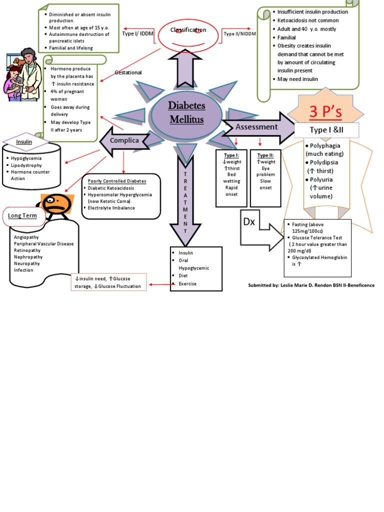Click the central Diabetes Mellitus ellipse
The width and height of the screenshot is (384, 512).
pos(186,113)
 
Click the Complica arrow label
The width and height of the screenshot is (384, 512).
pos(124,140)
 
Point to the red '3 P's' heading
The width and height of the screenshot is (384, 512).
pos(325,112)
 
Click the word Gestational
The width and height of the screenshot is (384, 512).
pos(128,72)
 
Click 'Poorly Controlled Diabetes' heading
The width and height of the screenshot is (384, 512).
pos(117,180)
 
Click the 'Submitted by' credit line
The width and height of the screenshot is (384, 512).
pos(311,285)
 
